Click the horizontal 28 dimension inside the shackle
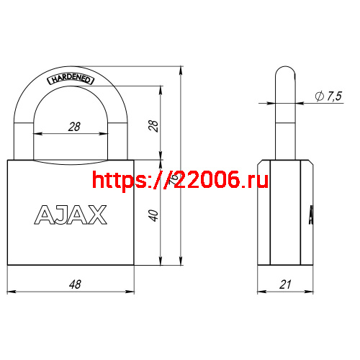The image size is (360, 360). (x=73, y=126)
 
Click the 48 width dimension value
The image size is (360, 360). (x=73, y=284)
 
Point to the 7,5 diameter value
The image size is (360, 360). (x=333, y=97)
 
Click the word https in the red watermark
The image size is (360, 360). (x=119, y=179)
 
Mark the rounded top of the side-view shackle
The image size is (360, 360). (x=285, y=72)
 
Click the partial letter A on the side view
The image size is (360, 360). (x=311, y=215)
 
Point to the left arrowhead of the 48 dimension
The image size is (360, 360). (x=12, y=292)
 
